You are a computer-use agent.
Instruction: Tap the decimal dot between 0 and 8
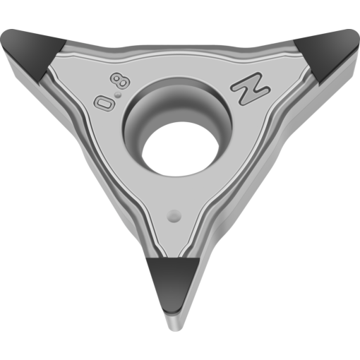coord(118,95)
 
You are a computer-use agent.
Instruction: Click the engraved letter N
coord(251,88)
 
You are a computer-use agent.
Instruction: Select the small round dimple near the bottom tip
coord(174,216)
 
